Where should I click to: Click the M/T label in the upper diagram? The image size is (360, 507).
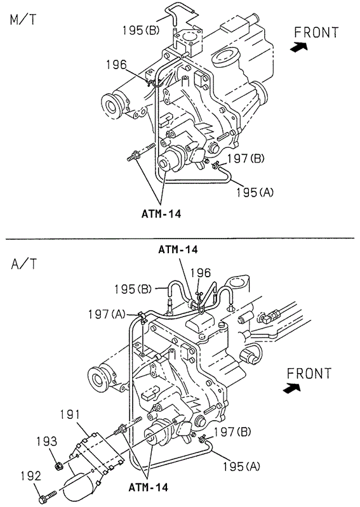[23, 20]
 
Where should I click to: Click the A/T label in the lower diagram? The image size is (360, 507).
[24, 264]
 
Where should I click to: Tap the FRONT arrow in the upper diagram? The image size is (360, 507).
[298, 47]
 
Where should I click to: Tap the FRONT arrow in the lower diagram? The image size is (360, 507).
[291, 387]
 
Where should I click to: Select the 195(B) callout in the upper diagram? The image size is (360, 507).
[141, 30]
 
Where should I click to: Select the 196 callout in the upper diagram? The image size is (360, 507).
[117, 65]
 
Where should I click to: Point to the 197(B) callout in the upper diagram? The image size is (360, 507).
[246, 159]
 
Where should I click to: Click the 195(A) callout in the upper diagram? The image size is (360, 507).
[255, 192]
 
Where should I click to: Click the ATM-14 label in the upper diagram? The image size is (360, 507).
[161, 214]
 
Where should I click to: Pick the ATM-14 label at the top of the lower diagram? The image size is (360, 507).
[178, 249]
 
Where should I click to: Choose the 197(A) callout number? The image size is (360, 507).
[107, 314]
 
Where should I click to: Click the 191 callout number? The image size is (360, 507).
[70, 415]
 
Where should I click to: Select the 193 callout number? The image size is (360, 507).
[46, 442]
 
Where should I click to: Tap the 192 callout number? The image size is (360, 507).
[31, 476]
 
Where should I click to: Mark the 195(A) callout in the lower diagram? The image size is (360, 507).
[241, 466]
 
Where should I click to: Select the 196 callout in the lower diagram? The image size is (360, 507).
[201, 273]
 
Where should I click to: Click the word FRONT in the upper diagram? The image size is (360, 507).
[316, 32]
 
